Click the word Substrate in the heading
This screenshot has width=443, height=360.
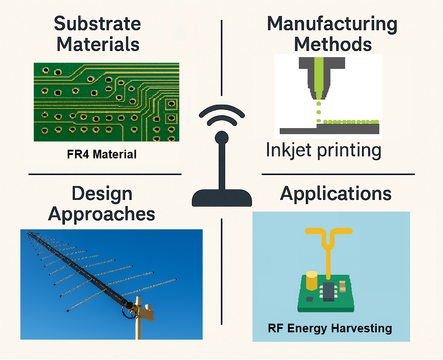(97, 23)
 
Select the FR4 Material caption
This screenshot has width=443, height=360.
(102, 154)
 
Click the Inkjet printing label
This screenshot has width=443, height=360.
(323, 150)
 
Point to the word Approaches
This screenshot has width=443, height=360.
(101, 214)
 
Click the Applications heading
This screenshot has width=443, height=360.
(336, 193)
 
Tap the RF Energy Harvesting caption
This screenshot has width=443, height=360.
(330, 328)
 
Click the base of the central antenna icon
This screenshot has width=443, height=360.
(222, 198)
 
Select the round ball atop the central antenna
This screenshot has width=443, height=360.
(222, 138)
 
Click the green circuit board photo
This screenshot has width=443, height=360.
(106, 102)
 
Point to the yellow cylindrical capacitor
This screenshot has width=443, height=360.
(312, 281)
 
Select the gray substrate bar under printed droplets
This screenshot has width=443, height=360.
(329, 129)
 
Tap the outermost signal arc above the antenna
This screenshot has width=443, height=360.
(222, 111)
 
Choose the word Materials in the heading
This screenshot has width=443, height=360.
(98, 44)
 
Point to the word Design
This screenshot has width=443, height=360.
(102, 193)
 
